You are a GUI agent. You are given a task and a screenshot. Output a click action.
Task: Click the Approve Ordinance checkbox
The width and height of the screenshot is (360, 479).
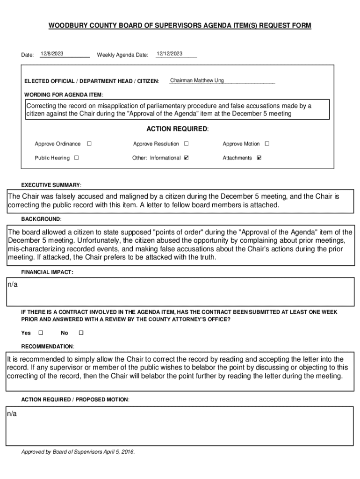point(89,144)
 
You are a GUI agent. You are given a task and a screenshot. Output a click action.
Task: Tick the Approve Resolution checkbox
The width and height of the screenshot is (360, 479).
point(186,144)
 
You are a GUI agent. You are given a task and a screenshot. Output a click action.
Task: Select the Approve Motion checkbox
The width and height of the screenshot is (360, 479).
point(267,144)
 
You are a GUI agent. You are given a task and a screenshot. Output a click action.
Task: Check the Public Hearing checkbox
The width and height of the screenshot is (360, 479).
point(76,158)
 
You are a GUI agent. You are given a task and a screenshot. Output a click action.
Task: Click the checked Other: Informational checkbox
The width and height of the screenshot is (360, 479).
point(187,158)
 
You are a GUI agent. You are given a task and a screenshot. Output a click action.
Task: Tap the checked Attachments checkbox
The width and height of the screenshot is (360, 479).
point(259,158)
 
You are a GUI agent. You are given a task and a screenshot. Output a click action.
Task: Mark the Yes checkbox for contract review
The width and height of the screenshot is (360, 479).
point(40,333)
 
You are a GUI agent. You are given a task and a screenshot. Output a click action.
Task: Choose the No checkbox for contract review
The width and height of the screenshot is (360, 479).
point(80,333)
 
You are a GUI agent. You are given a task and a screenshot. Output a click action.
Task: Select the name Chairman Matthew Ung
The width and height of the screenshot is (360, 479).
point(197,80)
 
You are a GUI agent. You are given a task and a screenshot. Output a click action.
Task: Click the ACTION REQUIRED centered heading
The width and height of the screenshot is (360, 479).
point(177,129)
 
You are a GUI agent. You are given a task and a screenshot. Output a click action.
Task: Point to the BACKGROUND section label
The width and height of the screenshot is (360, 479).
point(41,219)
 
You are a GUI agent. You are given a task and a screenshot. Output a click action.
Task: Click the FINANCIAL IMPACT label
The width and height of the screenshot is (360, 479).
point(47,272)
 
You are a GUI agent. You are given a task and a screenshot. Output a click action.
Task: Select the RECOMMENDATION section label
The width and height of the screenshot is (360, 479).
point(48,346)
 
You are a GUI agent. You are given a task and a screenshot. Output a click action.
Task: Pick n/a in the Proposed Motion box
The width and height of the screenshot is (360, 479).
point(12,414)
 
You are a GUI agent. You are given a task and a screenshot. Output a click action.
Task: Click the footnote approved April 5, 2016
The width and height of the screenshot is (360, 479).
point(78,452)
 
